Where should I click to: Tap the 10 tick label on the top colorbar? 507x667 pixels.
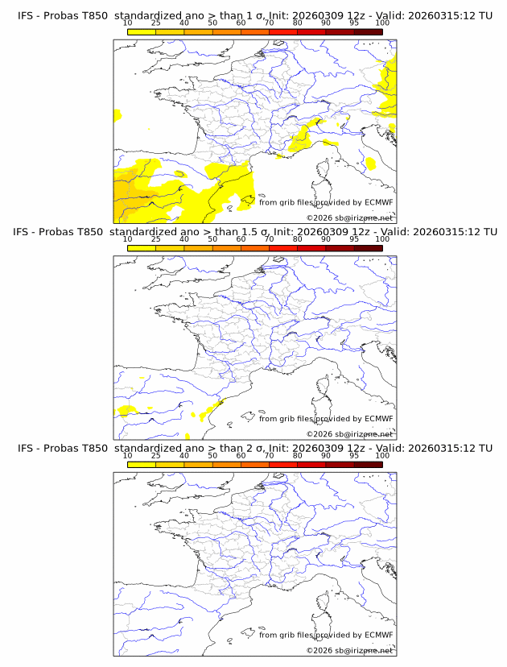click(128, 23)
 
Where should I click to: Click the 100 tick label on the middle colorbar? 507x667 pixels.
click(382, 239)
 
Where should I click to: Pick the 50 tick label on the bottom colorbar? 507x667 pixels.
click(212, 455)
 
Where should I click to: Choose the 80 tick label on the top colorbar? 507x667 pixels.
click(298, 23)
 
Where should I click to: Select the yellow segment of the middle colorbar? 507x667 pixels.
click(142, 248)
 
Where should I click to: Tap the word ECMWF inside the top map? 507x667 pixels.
click(378, 203)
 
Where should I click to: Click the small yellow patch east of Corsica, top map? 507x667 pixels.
click(371, 164)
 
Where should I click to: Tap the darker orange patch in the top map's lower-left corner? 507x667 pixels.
click(122, 205)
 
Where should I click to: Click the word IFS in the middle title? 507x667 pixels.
click(25, 232)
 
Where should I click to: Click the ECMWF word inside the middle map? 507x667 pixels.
click(378, 419)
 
